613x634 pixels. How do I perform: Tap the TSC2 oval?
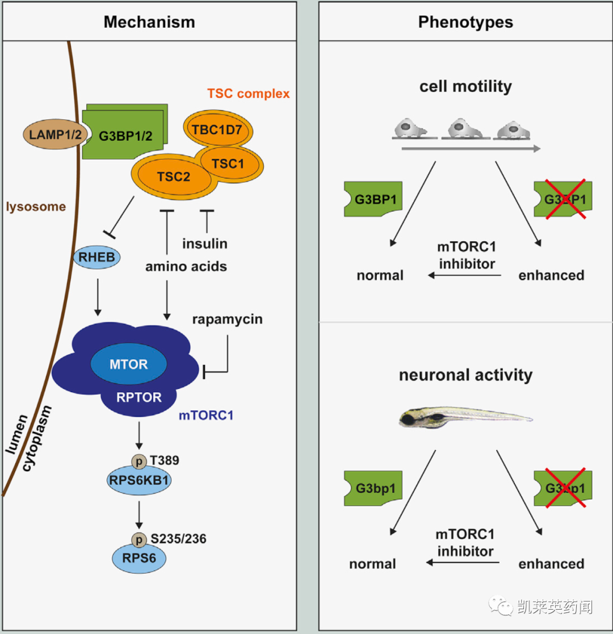click(x=174, y=177)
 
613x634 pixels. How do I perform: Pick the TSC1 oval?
click(x=228, y=163)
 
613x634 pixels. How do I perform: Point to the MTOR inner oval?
click(x=129, y=364)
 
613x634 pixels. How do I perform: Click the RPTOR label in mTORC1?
click(x=138, y=397)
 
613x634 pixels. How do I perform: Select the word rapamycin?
click(x=227, y=319)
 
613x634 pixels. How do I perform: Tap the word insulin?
click(x=205, y=243)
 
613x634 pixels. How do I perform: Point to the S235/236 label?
click(x=178, y=538)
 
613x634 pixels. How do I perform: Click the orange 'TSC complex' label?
click(x=249, y=93)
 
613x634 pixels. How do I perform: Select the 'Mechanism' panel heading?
click(x=149, y=22)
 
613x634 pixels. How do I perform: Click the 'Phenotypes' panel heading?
click(x=465, y=22)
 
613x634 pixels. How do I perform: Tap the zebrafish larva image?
click(x=465, y=418)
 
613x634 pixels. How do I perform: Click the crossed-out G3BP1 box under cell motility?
click(x=562, y=199)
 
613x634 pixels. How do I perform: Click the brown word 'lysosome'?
click(x=36, y=206)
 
